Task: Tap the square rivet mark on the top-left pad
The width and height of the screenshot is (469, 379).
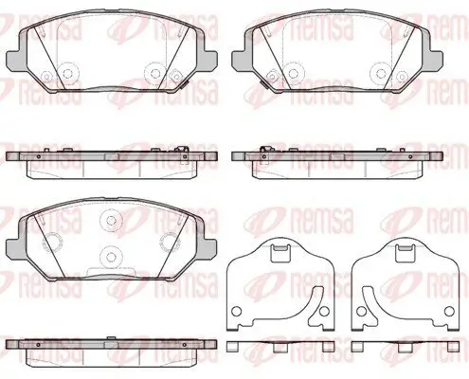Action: point(174,76)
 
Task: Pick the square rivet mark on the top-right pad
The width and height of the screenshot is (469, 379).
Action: point(272,76)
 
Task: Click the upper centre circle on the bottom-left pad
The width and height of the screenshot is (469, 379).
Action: point(111,220)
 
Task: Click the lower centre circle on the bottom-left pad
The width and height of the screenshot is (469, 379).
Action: point(111,257)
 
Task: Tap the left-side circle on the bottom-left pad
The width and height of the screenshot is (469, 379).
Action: point(52,243)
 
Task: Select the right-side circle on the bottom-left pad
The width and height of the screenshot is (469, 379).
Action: point(170,243)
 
